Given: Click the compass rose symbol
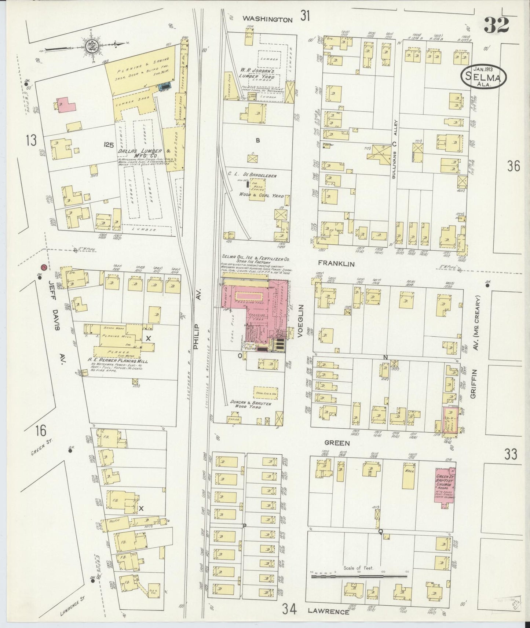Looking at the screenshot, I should pyautogui.click(x=91, y=46).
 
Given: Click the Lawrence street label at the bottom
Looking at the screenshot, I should pyautogui.click(x=328, y=612).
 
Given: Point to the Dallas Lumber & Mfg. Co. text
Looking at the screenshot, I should pyautogui.click(x=143, y=153).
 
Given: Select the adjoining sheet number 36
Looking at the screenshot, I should pyautogui.click(x=513, y=166).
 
